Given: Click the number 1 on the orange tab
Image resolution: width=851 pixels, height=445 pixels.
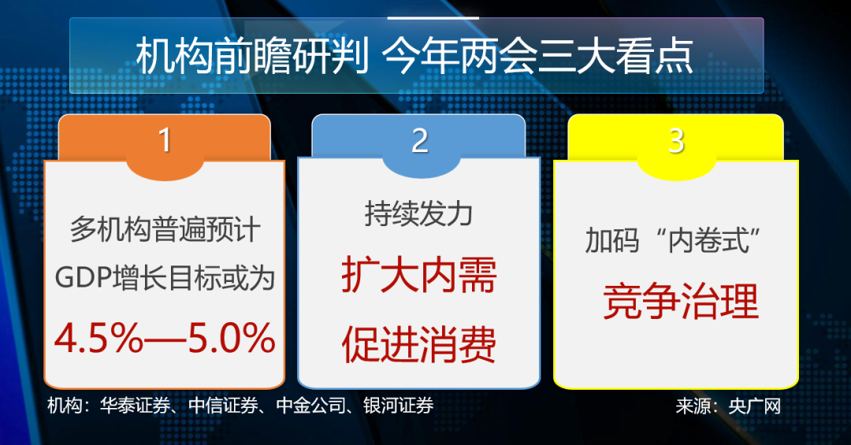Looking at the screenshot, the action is click(165, 140).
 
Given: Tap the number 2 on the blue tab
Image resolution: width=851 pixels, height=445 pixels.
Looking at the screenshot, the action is click(419, 140).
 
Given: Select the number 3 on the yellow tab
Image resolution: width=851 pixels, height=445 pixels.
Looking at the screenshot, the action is click(676, 140).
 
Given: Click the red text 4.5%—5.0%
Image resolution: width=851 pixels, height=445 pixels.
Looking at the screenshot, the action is click(165, 338).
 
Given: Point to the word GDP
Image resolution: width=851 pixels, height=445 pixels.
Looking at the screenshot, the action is click(84, 278).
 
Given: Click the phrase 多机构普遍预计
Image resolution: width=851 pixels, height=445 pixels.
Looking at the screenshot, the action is click(165, 229).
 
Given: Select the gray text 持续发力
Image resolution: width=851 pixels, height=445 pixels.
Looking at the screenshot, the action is click(418, 213).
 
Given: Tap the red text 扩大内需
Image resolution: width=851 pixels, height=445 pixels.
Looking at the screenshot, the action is click(419, 275).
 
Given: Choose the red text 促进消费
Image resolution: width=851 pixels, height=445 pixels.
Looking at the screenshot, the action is click(419, 344).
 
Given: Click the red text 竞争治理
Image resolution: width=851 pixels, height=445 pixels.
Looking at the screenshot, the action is click(681, 301).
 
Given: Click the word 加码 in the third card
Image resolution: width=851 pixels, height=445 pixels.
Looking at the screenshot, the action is click(612, 240).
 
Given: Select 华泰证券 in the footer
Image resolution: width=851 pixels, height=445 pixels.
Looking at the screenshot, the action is click(135, 406).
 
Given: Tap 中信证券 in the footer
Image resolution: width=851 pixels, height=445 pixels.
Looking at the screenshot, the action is click(223, 406).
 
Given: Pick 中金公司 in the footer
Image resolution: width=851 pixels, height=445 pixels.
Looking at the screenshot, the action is click(311, 406).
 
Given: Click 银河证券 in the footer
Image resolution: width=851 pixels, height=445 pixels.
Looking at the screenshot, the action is click(399, 406).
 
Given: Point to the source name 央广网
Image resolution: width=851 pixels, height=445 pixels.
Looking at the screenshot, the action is click(754, 406).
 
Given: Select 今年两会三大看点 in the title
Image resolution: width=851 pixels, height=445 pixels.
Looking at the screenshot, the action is click(538, 56).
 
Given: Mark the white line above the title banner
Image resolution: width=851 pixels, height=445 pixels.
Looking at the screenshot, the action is click(433, 18).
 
